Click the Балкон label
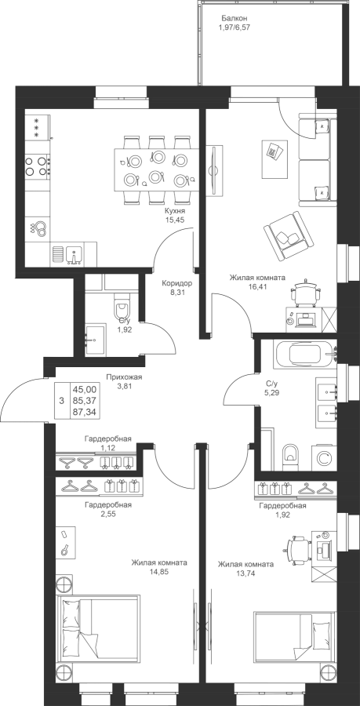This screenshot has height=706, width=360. (235, 19)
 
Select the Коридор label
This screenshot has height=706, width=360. (177, 284)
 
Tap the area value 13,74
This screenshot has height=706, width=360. (245, 573)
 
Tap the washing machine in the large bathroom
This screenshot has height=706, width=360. (322, 458)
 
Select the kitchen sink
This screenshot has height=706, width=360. (73, 253)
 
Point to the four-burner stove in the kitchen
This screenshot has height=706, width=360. (37, 166)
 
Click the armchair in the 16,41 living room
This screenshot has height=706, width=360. (289, 236)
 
